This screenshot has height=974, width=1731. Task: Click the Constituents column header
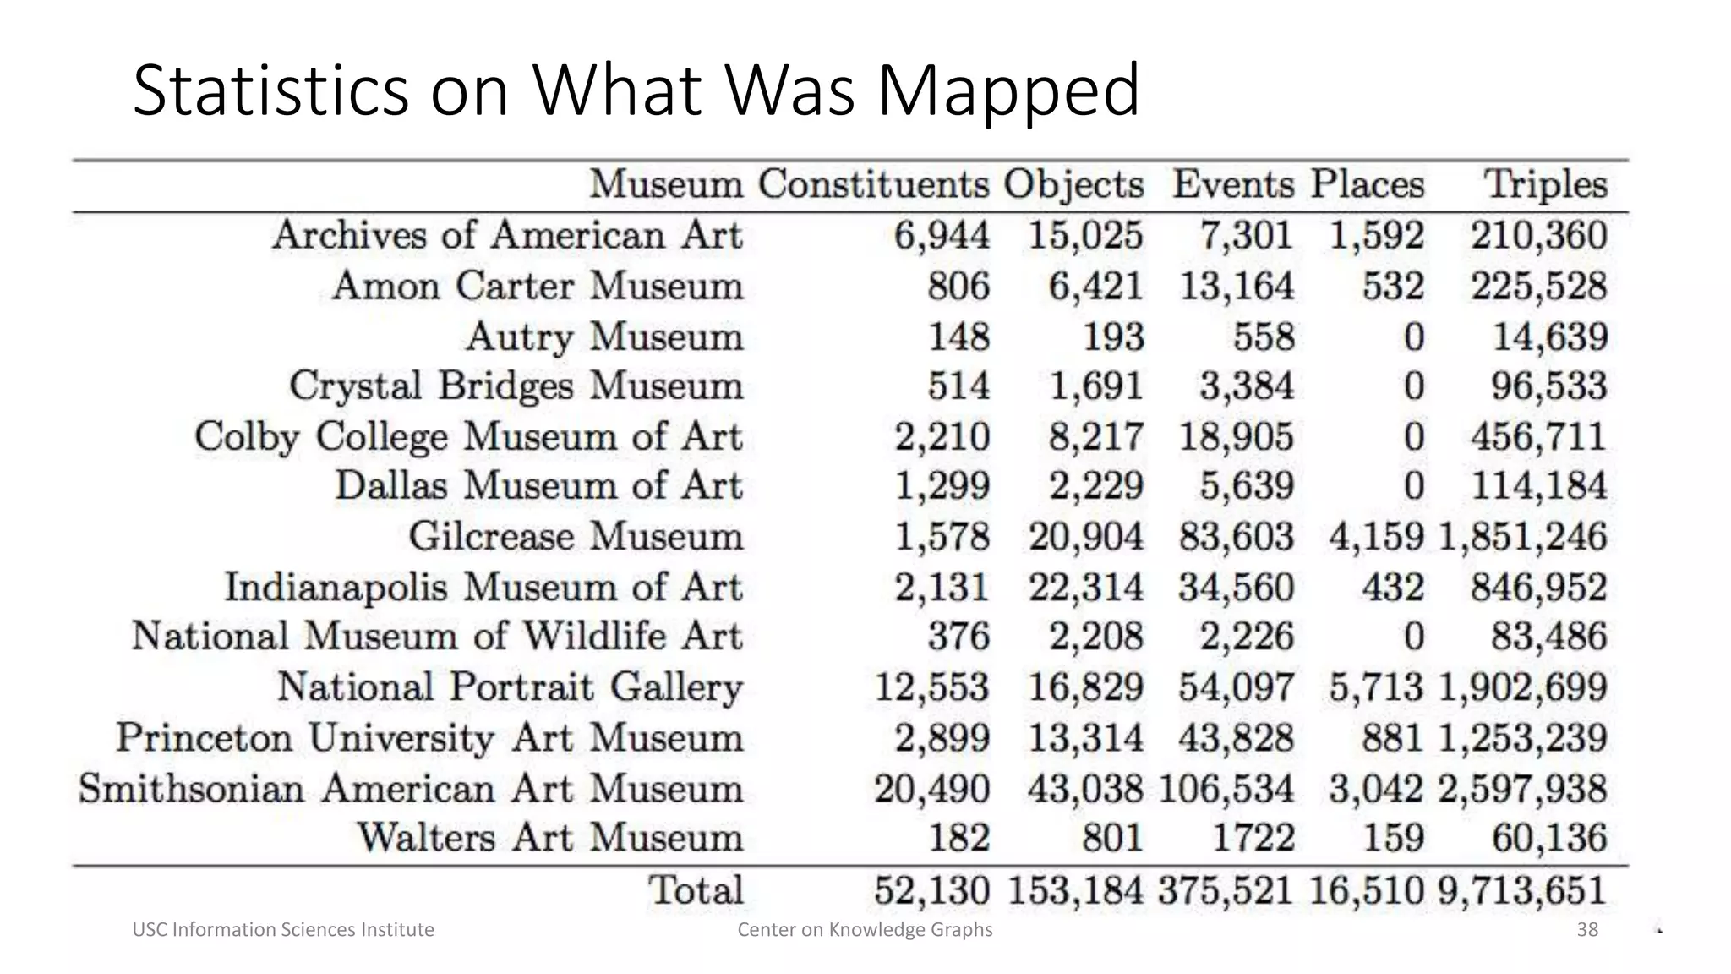[873, 184]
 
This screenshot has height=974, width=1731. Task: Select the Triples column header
[1545, 184]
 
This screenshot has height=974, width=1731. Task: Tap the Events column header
[1233, 184]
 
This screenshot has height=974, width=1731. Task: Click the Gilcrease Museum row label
[576, 536]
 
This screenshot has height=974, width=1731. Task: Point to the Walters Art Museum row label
[549, 838]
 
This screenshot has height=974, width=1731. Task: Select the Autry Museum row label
[604, 337]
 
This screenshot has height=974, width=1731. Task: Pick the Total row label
[696, 889]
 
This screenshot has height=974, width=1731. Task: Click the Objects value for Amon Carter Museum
[1095, 286]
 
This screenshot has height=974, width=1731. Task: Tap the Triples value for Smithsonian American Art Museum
[1521, 789]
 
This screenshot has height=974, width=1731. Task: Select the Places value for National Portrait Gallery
[1376, 687]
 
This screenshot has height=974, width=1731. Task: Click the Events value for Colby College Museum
[1237, 436]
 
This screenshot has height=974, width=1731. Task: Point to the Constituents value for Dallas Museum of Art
[942, 486]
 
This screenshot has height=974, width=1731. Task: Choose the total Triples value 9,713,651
[1521, 890]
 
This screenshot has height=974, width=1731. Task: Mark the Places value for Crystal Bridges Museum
[1414, 386]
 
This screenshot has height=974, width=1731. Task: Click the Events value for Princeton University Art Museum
[1237, 737]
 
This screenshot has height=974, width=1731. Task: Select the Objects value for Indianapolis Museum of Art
[1086, 587]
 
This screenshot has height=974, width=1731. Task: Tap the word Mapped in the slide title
[1008, 91]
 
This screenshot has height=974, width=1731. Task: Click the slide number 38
[1587, 930]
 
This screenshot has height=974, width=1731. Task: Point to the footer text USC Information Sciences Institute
[283, 930]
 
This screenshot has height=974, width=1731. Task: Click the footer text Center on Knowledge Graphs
[865, 930]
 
